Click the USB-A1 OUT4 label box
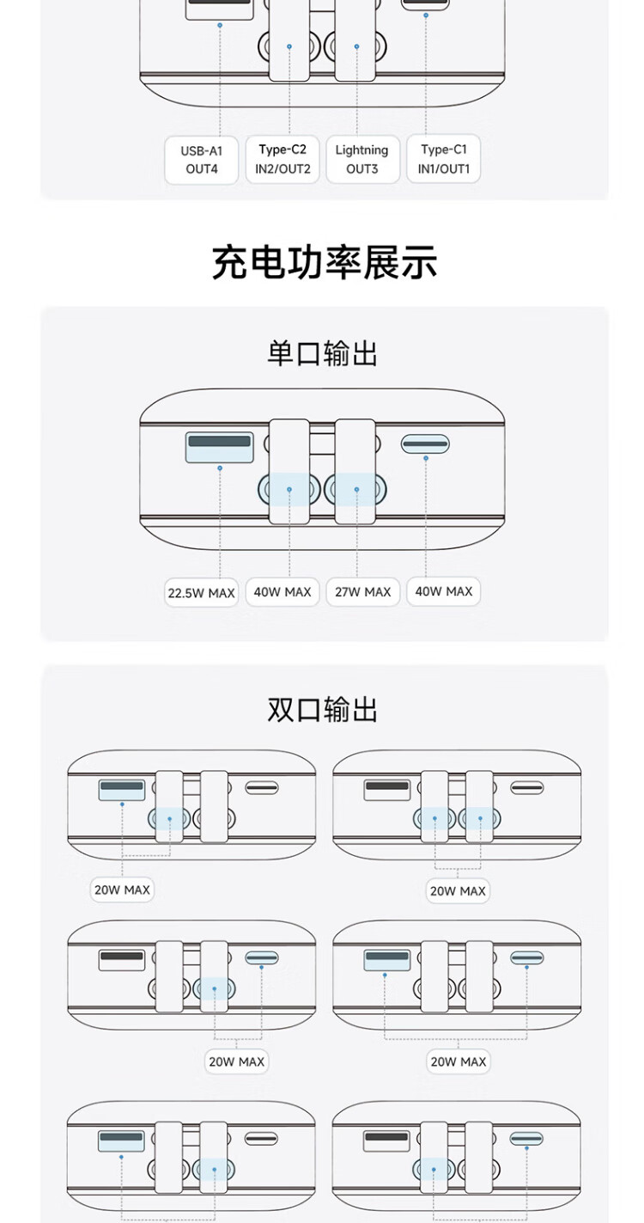point(202,160)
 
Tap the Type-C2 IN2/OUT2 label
point(283,159)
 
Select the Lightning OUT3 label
point(361,159)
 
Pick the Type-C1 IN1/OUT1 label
point(443,159)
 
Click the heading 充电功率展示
point(324,262)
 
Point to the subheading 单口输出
point(323,353)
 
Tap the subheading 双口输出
point(323,710)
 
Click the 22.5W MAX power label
point(201,593)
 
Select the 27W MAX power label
point(362,591)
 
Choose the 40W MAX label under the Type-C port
point(443,591)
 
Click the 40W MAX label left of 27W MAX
point(283,591)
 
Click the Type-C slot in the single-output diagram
point(425,444)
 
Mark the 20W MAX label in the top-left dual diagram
point(122,890)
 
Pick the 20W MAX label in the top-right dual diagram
point(458,891)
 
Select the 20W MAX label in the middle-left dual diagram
point(236,1061)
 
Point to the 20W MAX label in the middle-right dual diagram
point(458,1061)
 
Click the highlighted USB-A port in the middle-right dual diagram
point(387,957)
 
